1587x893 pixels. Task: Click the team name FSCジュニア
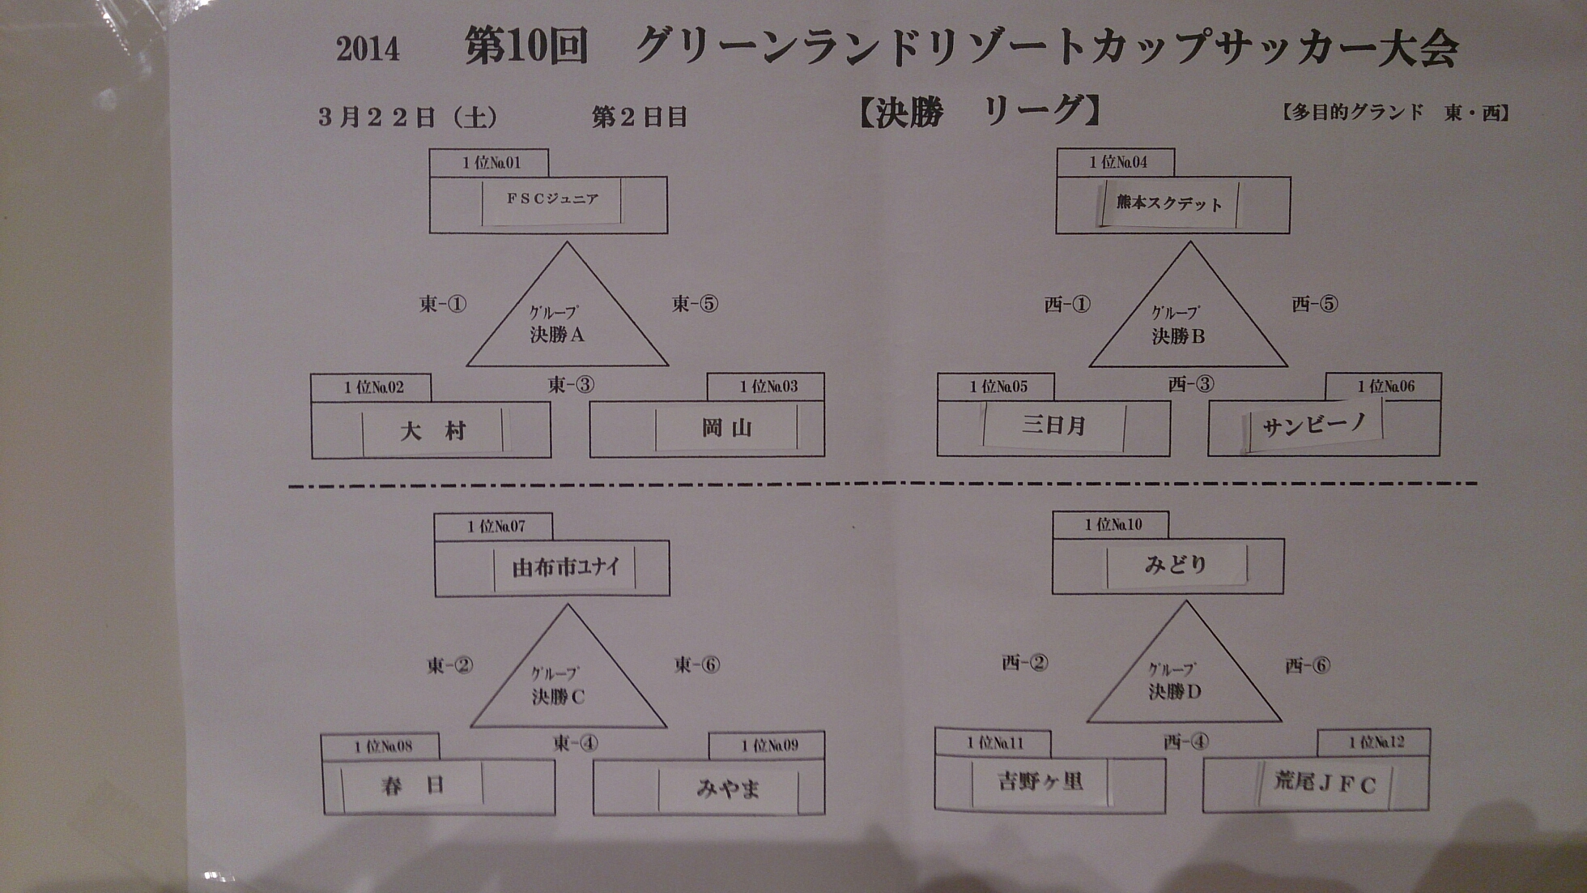552,199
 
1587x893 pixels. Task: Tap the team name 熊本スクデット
1169,203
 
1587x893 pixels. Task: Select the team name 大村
432,430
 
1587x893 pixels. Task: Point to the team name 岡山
726,427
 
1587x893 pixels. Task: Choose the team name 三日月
1053,425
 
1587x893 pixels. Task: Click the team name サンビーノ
1313,424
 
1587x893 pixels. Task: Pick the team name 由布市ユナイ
565,567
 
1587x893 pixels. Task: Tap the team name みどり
1176,564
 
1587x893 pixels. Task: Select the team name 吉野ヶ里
1040,781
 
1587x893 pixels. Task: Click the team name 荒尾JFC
1325,783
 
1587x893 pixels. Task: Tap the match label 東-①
443,305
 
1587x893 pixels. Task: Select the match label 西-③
1191,384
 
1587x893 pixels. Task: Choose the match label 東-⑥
697,665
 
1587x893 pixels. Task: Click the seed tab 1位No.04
1117,162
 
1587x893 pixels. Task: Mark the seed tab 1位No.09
769,746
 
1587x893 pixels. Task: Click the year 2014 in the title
368,50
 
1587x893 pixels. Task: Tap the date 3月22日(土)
407,117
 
